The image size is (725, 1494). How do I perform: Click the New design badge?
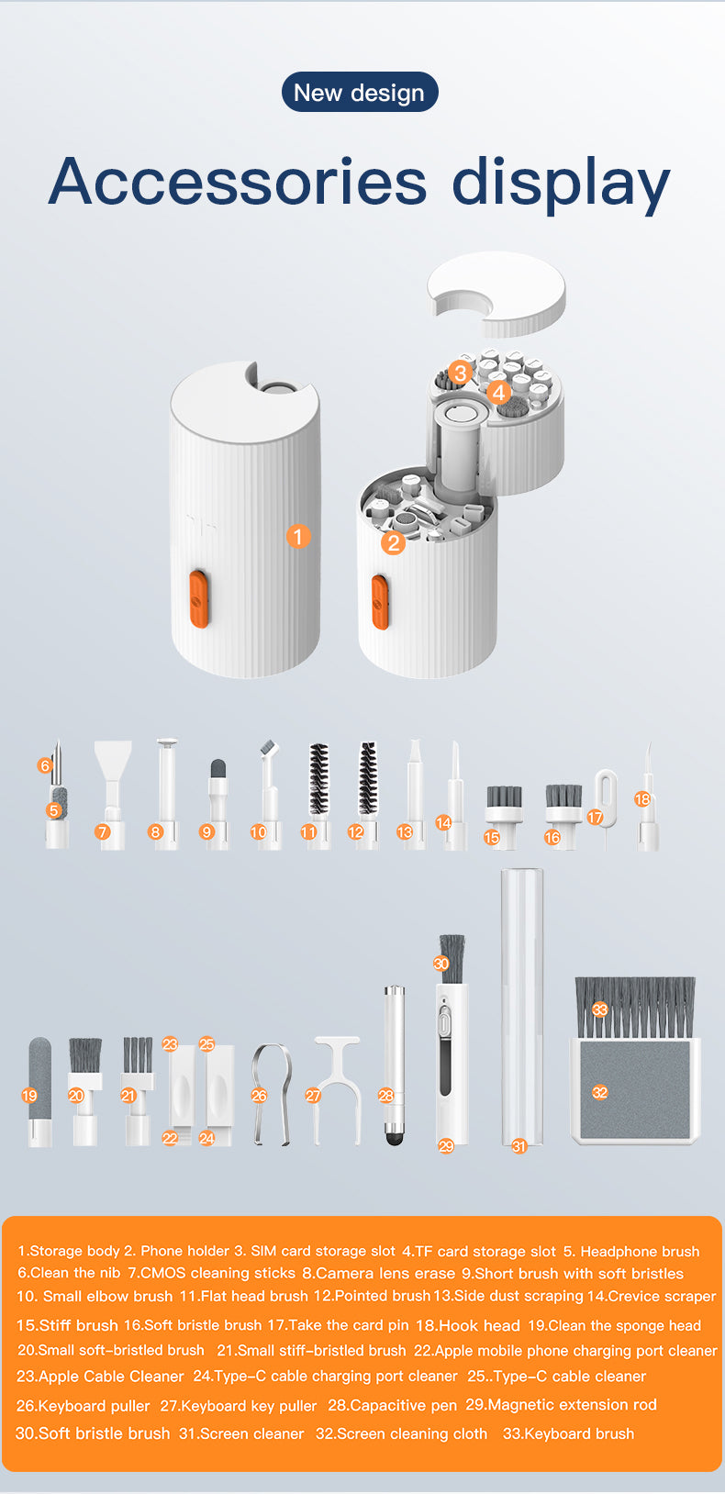359,93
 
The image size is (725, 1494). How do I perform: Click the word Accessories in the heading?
237,181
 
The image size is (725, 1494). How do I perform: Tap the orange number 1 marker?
298,536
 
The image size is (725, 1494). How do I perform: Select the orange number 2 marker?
393,542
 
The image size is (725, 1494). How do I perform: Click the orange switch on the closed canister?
198,598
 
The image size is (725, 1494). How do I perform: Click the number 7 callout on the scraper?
103,831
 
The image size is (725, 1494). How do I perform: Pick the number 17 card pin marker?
595,817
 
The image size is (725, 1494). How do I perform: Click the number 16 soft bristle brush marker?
552,837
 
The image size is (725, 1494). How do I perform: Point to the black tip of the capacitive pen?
395,1138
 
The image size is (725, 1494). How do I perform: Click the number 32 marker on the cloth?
599,1092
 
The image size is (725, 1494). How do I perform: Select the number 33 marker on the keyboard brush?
599,1009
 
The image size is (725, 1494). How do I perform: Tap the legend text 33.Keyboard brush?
568,1433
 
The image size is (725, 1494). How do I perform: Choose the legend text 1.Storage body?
69,1251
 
